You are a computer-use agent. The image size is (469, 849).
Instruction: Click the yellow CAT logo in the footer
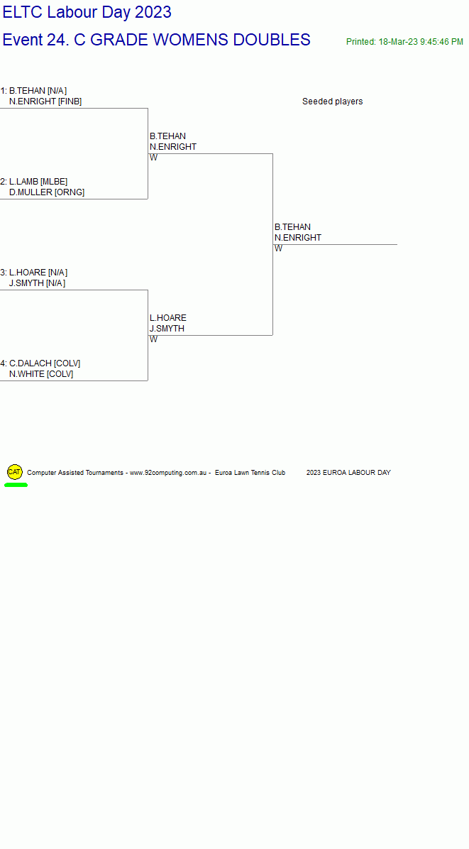pos(15,471)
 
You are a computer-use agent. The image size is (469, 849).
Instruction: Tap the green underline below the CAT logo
pos(16,485)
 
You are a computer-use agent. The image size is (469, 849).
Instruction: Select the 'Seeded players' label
pos(332,102)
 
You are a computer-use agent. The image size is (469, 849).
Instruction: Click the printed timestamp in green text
pos(404,42)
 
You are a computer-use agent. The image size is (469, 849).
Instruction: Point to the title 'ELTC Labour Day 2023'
pos(87,12)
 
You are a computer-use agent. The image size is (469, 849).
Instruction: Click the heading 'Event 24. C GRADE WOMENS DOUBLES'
pos(156,40)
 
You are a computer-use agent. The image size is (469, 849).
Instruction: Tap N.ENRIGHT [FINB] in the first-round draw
pos(45,102)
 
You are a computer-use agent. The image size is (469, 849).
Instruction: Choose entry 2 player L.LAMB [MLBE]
pos(38,182)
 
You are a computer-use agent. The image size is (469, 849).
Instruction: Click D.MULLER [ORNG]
pos(47,192)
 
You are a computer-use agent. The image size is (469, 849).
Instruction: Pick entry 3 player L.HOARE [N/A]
pos(38,273)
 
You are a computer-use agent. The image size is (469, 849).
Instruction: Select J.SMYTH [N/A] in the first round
pos(38,283)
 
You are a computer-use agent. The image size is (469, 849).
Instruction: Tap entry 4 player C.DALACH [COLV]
pos(45,363)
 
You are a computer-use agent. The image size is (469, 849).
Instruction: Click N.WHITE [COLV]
pos(41,374)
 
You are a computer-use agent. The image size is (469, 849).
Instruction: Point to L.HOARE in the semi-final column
pos(167,318)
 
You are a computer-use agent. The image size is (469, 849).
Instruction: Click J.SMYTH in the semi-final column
pos(167,329)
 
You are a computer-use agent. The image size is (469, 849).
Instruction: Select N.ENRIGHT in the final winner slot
pos(297,238)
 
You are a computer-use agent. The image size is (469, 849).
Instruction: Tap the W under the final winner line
pos(278,248)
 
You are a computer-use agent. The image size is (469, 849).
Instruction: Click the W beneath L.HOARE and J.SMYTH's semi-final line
pos(154,339)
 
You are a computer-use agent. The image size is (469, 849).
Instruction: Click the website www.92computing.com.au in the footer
pos(168,473)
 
